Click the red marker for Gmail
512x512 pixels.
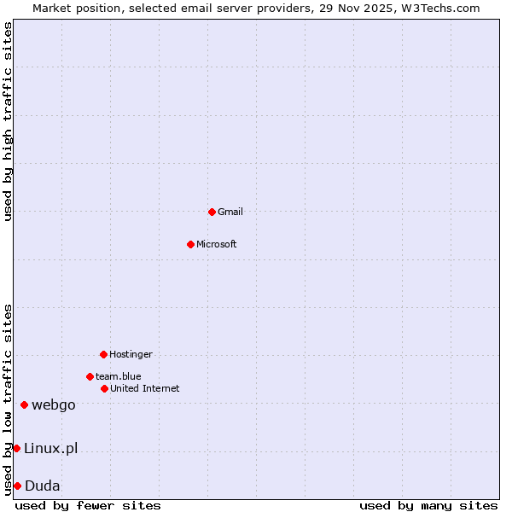tap(212, 212)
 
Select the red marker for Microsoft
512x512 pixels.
tap(190, 244)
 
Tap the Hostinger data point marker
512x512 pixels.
tap(103, 354)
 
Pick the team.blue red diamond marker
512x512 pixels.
tap(90, 376)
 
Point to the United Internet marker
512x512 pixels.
tap(104, 388)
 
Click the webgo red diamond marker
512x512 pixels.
tap(24, 404)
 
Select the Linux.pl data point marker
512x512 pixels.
tap(16, 448)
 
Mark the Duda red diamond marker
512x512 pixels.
tap(17, 486)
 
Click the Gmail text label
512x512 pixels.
tap(230, 212)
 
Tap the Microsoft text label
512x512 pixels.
tap(217, 244)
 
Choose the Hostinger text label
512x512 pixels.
tap(131, 354)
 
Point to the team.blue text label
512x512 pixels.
tap(119, 376)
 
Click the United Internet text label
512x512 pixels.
tap(145, 388)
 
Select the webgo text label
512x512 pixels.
tap(54, 404)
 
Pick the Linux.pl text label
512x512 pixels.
tap(50, 448)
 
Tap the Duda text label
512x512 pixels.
tap(43, 486)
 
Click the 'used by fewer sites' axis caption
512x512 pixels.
tap(88, 505)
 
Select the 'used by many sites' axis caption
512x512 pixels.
tap(428, 505)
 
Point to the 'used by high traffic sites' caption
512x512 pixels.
tap(9, 121)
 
